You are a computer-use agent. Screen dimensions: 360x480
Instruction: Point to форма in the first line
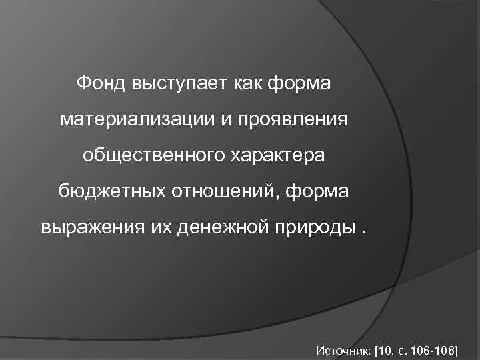point(301,85)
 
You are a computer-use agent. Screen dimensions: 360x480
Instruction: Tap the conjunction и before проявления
point(218,121)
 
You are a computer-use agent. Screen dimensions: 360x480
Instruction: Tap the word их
point(162,229)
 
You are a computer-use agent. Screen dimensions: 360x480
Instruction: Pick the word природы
point(315,229)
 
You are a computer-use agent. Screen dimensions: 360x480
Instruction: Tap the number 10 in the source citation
point(386,349)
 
